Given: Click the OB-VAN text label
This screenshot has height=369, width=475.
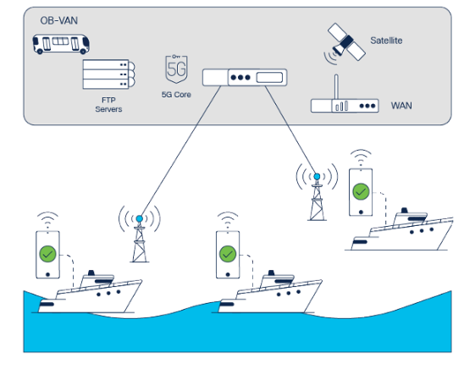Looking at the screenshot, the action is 58,20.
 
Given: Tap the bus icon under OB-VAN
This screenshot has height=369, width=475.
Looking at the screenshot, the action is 61,44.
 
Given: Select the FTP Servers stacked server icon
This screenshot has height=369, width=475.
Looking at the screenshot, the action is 108,74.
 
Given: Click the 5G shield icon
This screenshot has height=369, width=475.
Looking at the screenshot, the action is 176,69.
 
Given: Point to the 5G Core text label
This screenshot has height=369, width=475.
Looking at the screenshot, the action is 176,95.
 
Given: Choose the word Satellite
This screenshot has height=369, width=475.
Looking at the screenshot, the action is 386,41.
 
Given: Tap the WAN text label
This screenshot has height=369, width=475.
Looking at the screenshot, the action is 401,106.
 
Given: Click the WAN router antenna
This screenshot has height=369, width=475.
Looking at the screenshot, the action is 336,87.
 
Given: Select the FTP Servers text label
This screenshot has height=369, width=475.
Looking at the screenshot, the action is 108,105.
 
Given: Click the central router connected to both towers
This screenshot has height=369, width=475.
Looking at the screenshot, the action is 245,78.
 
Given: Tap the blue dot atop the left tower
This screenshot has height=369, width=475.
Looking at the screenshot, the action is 140,218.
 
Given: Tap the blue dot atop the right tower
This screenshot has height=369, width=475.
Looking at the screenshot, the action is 317,177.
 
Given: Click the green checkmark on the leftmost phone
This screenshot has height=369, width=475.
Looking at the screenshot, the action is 48,254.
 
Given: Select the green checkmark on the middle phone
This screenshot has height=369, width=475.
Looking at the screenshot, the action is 228,254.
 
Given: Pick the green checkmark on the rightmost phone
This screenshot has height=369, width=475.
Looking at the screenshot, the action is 361,191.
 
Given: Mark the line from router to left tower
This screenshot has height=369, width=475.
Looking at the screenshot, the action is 180,151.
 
